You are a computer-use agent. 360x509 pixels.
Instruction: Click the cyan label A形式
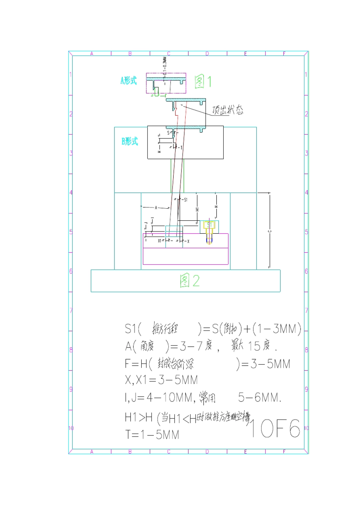pos(128,80)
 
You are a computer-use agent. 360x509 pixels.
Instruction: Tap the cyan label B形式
pos(130,141)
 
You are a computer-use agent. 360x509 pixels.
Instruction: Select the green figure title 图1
pos(203,81)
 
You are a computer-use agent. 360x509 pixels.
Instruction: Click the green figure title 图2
pos(189,281)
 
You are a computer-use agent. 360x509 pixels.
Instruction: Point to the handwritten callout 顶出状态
pos(228,110)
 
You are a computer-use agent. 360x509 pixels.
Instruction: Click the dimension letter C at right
pos(269,231)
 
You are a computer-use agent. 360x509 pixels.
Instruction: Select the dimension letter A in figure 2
pos(156,208)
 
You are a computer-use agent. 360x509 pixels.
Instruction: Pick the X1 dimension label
pos(160,240)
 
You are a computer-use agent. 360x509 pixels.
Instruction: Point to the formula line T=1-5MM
pos(152,434)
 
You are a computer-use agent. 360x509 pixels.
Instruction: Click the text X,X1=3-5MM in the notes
pos(161,380)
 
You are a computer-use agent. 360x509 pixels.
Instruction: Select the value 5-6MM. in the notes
pos(260,397)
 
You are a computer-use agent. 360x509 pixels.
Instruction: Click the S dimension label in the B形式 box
pos(169,133)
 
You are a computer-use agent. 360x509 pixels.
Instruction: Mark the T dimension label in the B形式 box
pos(182,147)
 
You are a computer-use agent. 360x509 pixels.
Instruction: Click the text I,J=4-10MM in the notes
pos(159,397)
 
